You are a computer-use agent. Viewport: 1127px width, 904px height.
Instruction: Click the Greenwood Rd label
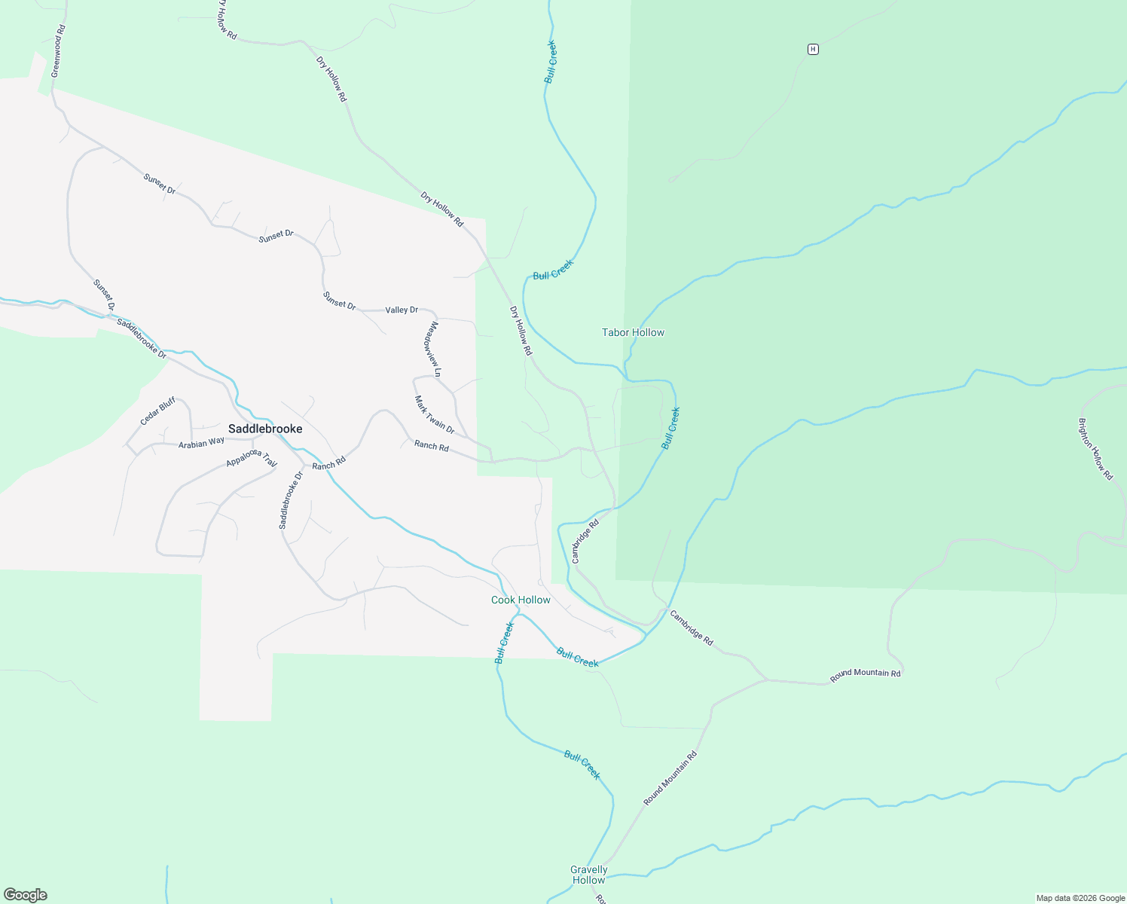[x=58, y=51]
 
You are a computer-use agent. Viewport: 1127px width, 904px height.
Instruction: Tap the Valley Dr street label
[x=402, y=310]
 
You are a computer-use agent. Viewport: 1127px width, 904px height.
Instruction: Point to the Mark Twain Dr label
[x=435, y=415]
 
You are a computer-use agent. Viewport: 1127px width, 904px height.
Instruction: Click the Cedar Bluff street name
[x=157, y=411]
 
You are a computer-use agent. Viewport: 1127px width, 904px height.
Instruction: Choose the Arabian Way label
[x=201, y=443]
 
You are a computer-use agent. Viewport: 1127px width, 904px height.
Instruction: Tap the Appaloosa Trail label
[x=252, y=457]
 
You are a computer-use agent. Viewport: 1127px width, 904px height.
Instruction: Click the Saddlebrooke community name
[x=265, y=429]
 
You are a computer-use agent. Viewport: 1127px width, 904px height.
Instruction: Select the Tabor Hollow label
[x=633, y=332]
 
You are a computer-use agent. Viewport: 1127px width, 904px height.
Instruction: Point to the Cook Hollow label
[x=521, y=600]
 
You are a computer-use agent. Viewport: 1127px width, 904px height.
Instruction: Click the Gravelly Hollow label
[x=588, y=875]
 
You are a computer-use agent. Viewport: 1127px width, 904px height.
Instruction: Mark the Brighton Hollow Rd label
[x=1095, y=449]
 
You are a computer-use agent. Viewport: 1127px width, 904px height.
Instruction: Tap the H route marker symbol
[x=812, y=49]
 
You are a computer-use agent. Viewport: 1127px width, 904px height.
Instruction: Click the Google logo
[x=26, y=895]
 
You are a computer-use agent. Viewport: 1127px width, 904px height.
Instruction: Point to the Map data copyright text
[x=1080, y=898]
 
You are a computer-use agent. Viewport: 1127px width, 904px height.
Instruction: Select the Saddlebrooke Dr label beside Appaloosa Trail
[x=290, y=500]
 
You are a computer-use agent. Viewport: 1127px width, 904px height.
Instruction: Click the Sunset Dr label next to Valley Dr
[x=339, y=301]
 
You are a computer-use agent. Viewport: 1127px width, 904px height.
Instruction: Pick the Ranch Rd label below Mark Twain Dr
[x=431, y=446]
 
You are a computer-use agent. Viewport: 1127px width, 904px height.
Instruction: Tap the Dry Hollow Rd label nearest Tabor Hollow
[x=521, y=331]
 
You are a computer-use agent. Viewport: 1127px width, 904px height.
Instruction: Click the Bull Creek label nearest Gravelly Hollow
[x=582, y=765]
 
